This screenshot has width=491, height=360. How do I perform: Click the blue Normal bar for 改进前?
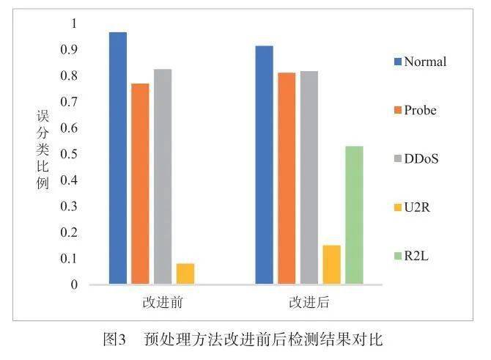[x=118, y=158]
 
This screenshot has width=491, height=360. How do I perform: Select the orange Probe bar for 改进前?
[x=140, y=184]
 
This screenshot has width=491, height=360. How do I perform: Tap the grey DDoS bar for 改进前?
[x=163, y=177]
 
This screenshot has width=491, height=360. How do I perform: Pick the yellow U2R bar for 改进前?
[x=185, y=273]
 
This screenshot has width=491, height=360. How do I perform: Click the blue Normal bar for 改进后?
[x=264, y=165]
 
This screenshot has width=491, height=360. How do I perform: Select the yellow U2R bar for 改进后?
[x=332, y=265]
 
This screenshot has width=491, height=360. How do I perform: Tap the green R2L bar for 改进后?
[x=355, y=215]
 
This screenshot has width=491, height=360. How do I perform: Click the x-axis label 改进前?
[x=162, y=302]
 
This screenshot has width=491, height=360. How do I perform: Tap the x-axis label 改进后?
[x=309, y=302]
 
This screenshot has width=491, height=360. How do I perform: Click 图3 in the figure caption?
[x=115, y=339]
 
